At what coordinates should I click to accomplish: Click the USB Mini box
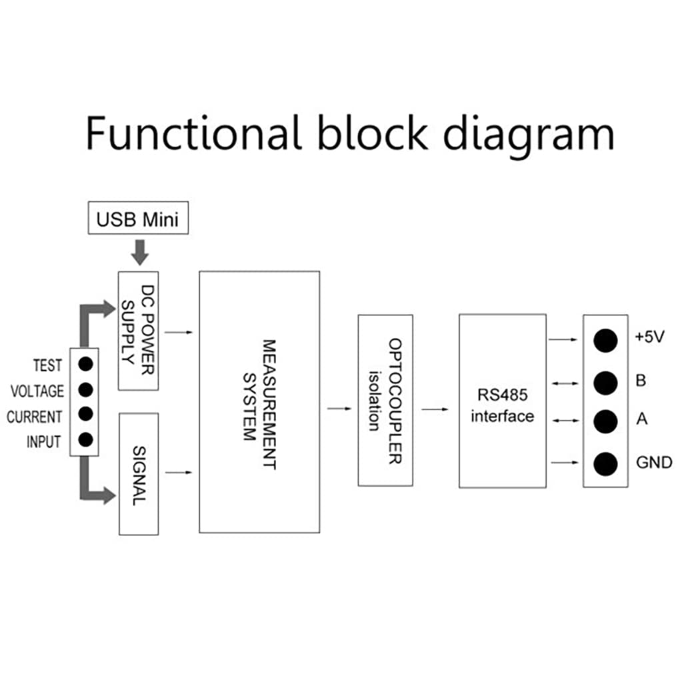138,219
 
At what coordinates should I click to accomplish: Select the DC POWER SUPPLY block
138,331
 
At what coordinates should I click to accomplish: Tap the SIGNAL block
138,473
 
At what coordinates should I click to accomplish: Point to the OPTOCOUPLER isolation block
386,401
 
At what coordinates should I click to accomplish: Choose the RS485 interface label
502,405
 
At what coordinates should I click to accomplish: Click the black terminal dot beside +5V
605,340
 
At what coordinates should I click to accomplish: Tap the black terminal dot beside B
605,382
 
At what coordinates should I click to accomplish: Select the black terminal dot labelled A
605,421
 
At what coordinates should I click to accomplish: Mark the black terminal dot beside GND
605,463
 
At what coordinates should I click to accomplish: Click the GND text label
653,463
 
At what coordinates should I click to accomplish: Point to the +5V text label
649,337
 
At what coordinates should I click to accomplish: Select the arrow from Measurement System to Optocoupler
339,408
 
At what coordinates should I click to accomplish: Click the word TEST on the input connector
47,365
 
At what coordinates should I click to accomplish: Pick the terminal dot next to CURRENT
85,414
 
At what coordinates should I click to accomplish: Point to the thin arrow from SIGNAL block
179,473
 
